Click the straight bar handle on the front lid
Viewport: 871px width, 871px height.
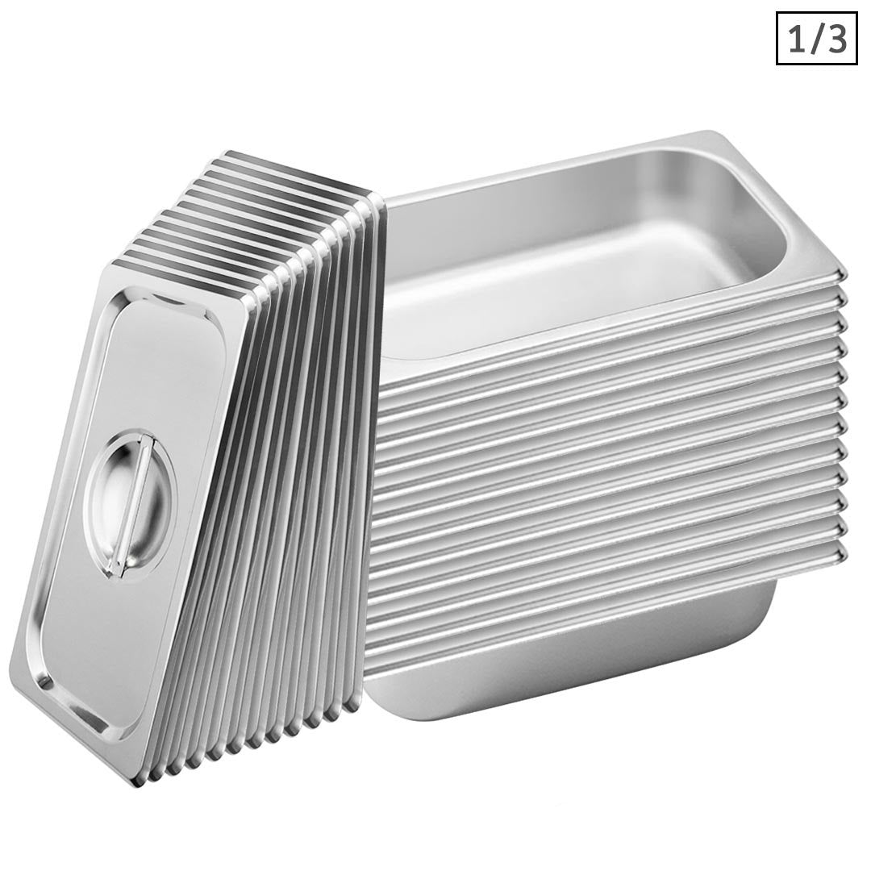coord(129,505)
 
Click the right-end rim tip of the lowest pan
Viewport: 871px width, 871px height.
coord(844,552)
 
